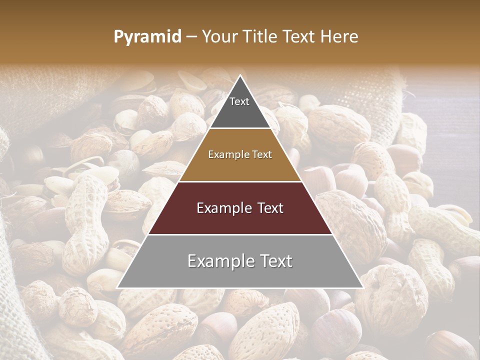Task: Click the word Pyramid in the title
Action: [147, 36]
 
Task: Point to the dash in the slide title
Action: [191, 37]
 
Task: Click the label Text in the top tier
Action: [239, 101]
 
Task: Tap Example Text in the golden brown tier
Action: [240, 154]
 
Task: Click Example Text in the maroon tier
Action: [240, 208]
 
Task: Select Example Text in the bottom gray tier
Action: [240, 261]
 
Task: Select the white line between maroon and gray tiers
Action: [240, 234]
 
